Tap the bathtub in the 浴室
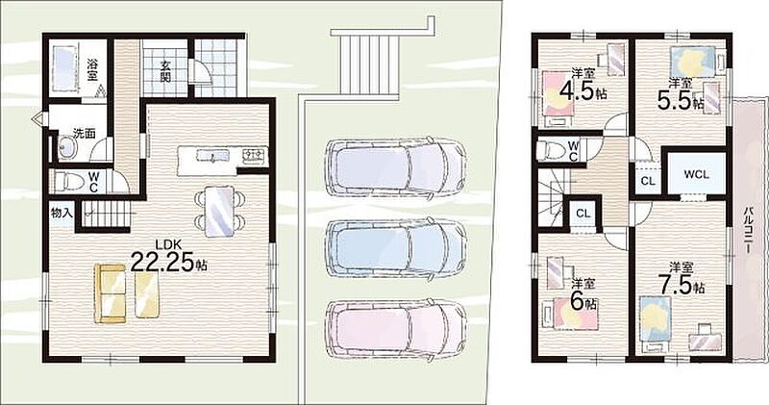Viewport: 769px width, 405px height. pyautogui.click(x=63, y=68)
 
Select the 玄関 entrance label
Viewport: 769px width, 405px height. pyautogui.click(x=165, y=70)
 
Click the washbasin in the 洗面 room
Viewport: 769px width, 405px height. pyautogui.click(x=65, y=147)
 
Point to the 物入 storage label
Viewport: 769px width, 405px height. pyautogui.click(x=62, y=213)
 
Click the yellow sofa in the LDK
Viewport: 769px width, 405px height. pyautogui.click(x=110, y=293)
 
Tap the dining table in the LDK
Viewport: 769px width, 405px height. pyautogui.click(x=218, y=212)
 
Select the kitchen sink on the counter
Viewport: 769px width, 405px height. pyautogui.click(x=212, y=156)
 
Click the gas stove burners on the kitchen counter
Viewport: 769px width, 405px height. pyautogui.click(x=254, y=156)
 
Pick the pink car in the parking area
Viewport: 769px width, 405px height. pyautogui.click(x=395, y=327)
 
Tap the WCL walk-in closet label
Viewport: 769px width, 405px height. pyautogui.click(x=696, y=174)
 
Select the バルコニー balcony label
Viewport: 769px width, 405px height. pyautogui.click(x=748, y=230)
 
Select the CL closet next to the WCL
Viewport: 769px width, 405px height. pyautogui.click(x=648, y=181)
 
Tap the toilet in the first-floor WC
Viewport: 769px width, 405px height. pyautogui.click(x=64, y=181)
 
